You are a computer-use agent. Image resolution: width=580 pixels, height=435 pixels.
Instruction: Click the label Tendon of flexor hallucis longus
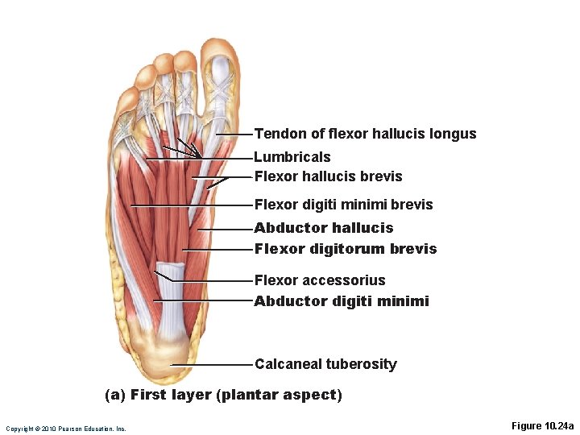[x=365, y=134]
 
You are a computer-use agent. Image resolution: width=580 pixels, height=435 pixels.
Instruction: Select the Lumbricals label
[x=292, y=157]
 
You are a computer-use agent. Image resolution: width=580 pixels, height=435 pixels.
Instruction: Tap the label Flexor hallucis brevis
[x=328, y=176]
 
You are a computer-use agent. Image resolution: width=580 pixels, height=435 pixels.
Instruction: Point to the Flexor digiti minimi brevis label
[x=343, y=205]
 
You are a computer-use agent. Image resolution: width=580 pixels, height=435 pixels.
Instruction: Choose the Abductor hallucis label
[x=324, y=228]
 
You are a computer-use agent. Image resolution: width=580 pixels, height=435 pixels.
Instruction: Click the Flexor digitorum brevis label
[x=345, y=249]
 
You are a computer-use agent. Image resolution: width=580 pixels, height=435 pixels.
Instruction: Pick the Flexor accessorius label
[x=320, y=280]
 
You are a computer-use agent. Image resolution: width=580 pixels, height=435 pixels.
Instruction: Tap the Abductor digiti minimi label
[x=342, y=301]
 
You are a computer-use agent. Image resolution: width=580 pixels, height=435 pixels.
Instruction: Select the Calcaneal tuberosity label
[x=325, y=364]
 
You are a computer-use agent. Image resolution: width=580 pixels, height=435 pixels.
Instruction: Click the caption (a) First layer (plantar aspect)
[x=224, y=395]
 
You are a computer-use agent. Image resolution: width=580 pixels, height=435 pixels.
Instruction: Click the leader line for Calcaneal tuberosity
[x=211, y=365]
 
